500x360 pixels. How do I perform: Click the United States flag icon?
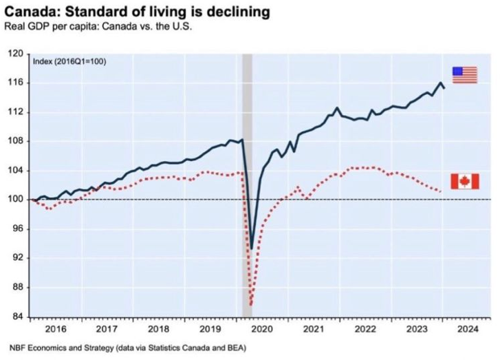[464, 75]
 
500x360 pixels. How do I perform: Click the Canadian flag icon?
[465, 181]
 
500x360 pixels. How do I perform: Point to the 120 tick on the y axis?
[15, 53]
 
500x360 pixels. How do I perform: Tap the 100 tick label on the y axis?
[15, 200]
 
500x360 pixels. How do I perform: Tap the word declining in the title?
[236, 12]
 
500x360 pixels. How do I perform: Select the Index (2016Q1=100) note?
[69, 61]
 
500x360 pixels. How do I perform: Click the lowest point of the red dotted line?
[252, 305]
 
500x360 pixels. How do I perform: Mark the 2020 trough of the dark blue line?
[252, 248]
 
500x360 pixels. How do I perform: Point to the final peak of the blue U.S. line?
[440, 83]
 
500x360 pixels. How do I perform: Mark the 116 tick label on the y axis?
[15, 83]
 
